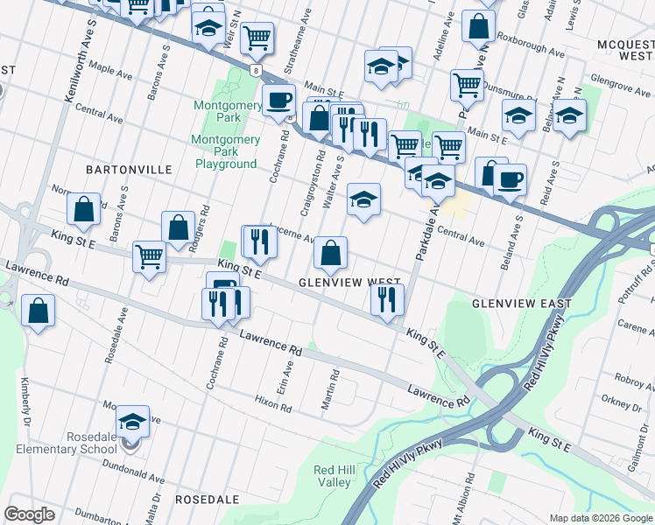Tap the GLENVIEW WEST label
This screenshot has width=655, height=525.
349,283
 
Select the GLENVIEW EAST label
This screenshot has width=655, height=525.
521,304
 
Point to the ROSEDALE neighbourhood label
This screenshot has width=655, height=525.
208,499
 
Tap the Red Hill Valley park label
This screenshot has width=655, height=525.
334,476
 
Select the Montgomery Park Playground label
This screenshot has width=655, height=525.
226,151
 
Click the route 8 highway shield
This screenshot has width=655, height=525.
253,69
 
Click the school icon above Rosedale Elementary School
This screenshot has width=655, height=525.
132,422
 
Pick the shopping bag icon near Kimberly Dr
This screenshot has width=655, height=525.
39,311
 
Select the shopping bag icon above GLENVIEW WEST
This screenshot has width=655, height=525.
330,254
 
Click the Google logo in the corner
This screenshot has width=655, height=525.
30,514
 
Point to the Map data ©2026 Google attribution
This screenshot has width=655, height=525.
600,518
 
